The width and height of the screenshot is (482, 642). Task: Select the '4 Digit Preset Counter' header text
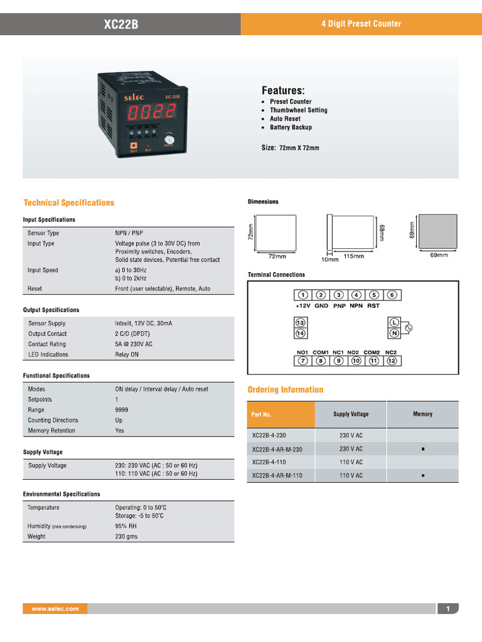click(x=361, y=24)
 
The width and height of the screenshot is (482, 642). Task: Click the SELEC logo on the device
click(x=134, y=97)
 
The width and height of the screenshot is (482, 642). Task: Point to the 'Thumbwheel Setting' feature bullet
click(x=298, y=110)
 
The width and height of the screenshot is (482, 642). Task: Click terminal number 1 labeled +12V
click(x=303, y=295)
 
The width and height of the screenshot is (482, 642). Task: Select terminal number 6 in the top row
click(x=392, y=295)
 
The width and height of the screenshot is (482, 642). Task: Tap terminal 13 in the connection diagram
click(x=301, y=322)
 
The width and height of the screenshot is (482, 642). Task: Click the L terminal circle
click(x=395, y=322)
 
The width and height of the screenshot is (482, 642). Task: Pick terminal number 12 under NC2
click(x=392, y=361)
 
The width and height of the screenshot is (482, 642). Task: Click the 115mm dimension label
click(x=354, y=256)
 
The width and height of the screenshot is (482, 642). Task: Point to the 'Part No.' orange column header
click(x=262, y=414)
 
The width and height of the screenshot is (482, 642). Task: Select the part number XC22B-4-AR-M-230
click(x=277, y=449)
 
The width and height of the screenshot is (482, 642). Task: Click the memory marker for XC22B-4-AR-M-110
click(x=423, y=476)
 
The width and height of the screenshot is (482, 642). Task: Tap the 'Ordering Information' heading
click(x=286, y=390)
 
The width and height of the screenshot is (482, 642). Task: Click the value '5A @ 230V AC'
click(x=134, y=344)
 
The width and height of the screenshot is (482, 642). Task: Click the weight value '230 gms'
click(x=126, y=537)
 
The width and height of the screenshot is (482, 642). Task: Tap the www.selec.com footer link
click(x=55, y=609)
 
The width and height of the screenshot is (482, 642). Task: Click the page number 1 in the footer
click(x=448, y=609)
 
